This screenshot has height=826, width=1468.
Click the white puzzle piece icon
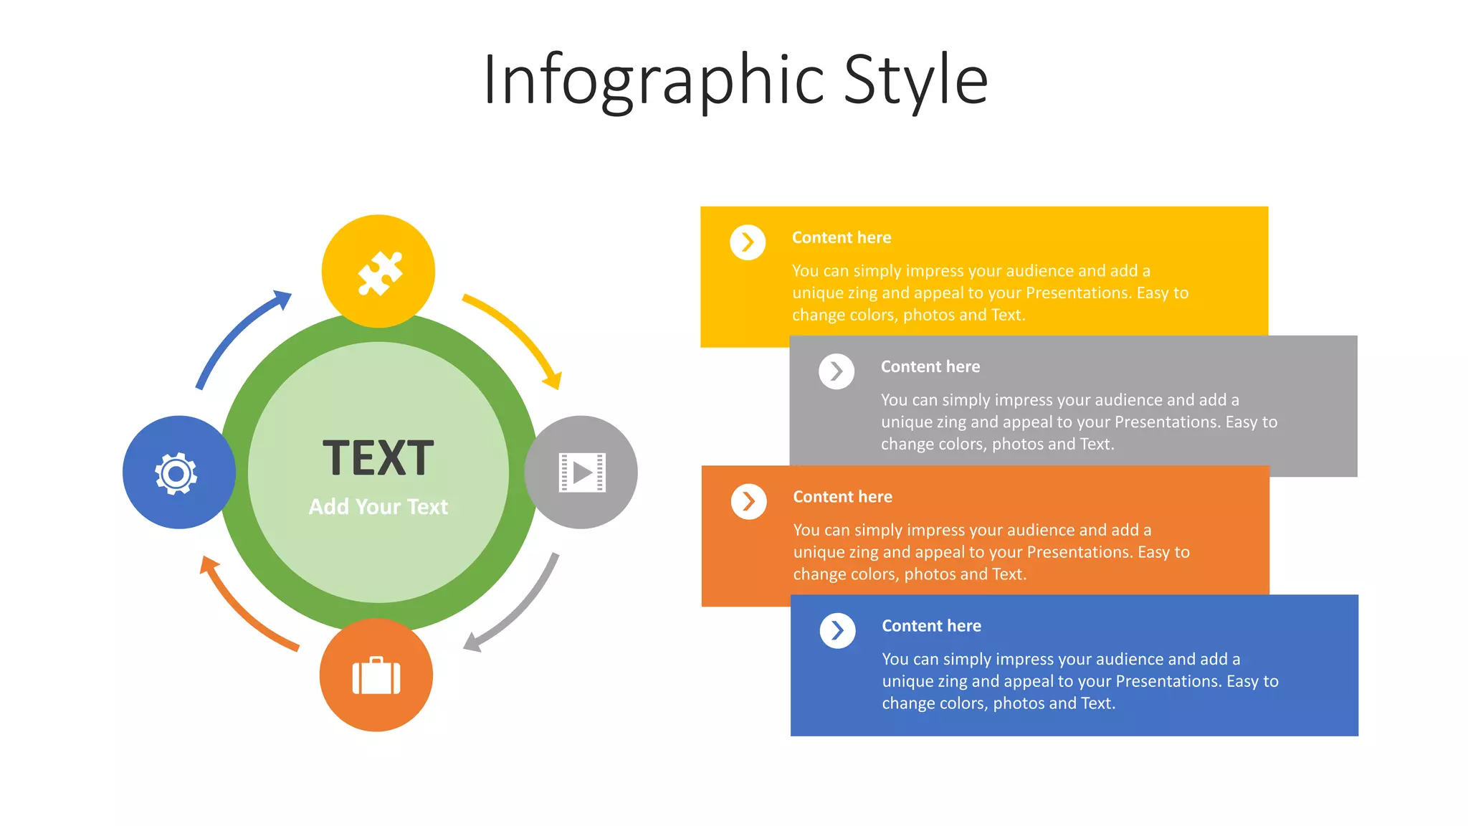[380, 273]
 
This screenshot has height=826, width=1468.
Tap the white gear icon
[176, 473]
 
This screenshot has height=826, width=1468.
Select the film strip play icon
[582, 473]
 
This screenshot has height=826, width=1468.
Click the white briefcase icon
[376, 676]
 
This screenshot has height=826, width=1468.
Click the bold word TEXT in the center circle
[378, 458]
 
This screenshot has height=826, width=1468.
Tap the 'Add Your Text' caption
[378, 507]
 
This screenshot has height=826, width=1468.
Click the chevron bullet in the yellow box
[748, 242]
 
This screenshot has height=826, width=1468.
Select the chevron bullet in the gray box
[837, 371]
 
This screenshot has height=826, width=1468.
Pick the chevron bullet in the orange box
[748, 501]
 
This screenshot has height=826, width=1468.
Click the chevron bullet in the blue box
[837, 631]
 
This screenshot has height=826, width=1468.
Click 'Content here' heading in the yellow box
[842, 237]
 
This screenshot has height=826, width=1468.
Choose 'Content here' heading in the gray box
[930, 366]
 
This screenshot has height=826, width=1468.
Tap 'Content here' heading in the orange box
[842, 497]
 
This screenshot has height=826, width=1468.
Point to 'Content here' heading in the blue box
[931, 626]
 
